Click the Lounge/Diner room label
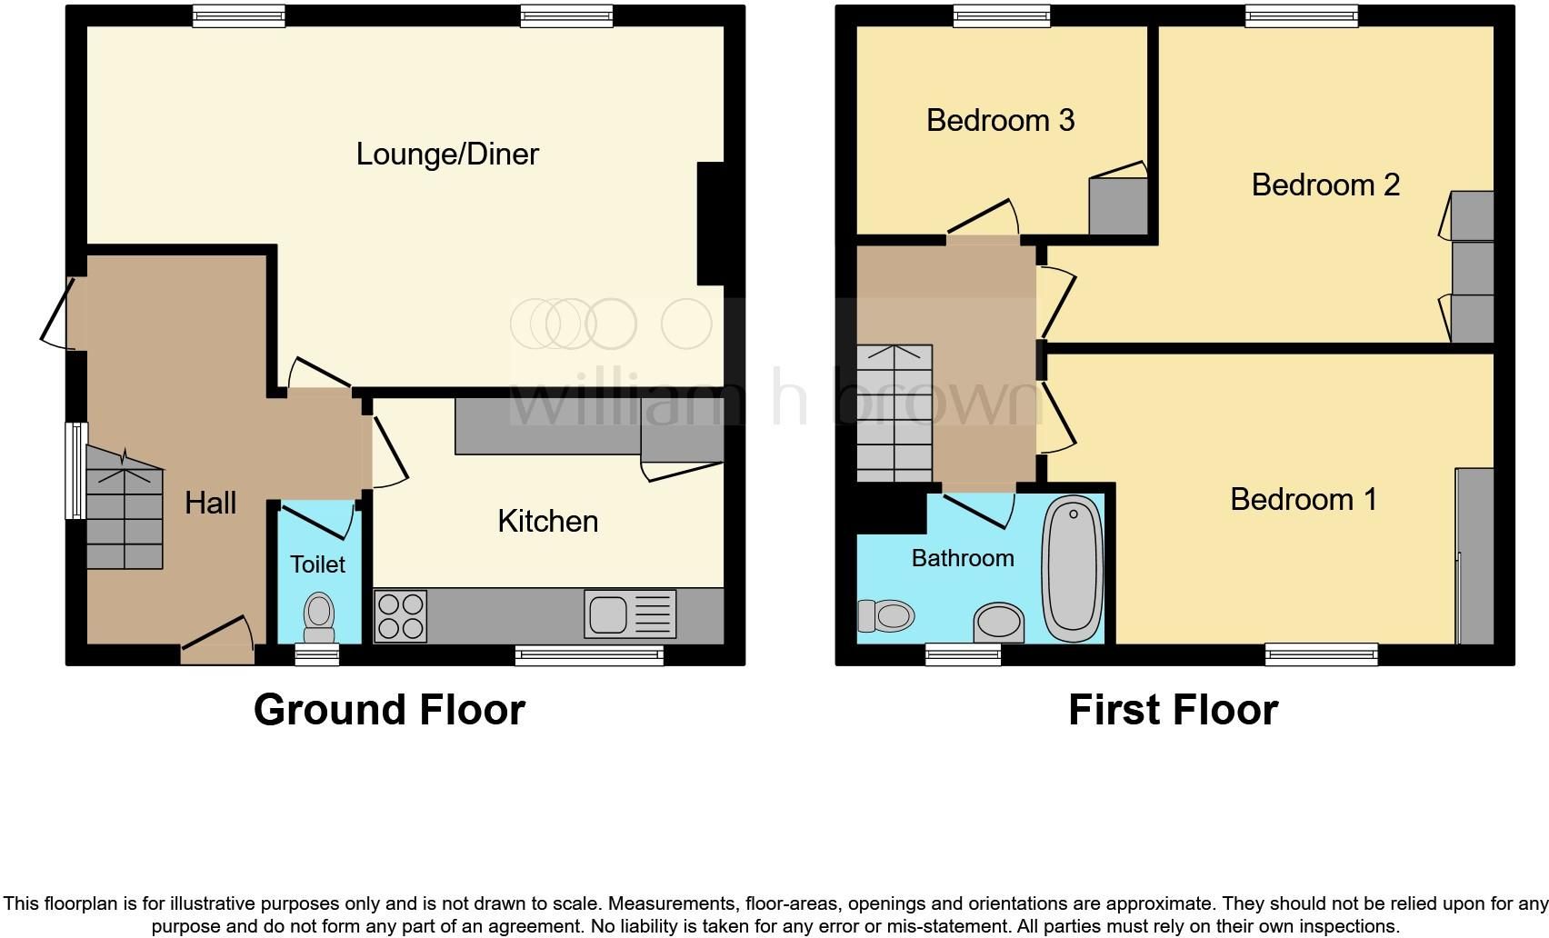[447, 154]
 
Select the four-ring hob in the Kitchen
[400, 616]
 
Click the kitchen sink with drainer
[631, 614]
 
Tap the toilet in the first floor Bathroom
[885, 616]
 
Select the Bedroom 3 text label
[1000, 120]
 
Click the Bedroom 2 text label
[1324, 185]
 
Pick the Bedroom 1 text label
[1303, 499]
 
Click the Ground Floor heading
[389, 710]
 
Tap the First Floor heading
[1173, 710]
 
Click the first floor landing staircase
[894, 414]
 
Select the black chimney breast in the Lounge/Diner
[710, 224]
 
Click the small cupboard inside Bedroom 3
[1118, 206]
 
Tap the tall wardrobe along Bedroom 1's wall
[1474, 556]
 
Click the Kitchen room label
[547, 521]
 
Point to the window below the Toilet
[317, 654]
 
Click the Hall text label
[210, 503]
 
